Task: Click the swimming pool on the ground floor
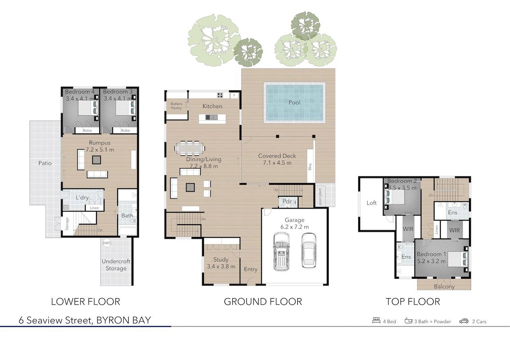click(294, 102)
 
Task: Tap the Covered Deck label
click(277, 156)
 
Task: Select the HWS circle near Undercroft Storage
click(107, 243)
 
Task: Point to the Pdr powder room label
click(287, 202)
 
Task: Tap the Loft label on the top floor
click(371, 203)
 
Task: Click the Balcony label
click(444, 286)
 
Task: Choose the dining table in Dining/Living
click(190, 148)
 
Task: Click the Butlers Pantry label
click(176, 106)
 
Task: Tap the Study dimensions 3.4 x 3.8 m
click(221, 266)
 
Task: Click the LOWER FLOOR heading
click(85, 302)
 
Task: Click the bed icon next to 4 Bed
click(376, 321)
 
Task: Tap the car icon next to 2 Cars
click(463, 321)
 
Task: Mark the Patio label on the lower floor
click(45, 163)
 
